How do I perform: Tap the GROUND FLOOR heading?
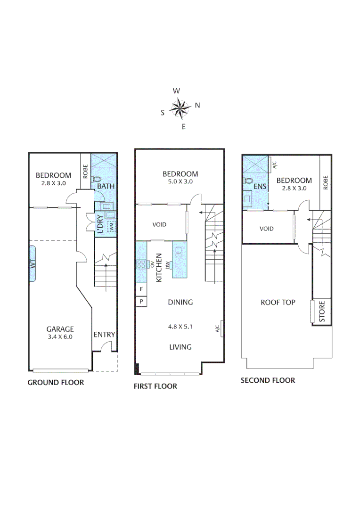click(56, 382)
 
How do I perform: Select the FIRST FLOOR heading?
click(155, 386)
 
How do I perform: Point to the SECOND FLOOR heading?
click(268, 380)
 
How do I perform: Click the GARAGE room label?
click(60, 329)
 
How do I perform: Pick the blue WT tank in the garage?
click(33, 263)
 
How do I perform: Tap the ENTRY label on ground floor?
click(104, 335)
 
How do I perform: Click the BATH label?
click(106, 186)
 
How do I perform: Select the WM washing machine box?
click(112, 226)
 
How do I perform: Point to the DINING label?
click(180, 302)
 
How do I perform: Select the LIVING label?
click(180, 347)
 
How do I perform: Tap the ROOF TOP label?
click(278, 302)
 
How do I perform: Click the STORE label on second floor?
click(322, 312)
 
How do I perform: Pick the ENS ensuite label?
click(260, 187)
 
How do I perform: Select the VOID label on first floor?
click(159, 225)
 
